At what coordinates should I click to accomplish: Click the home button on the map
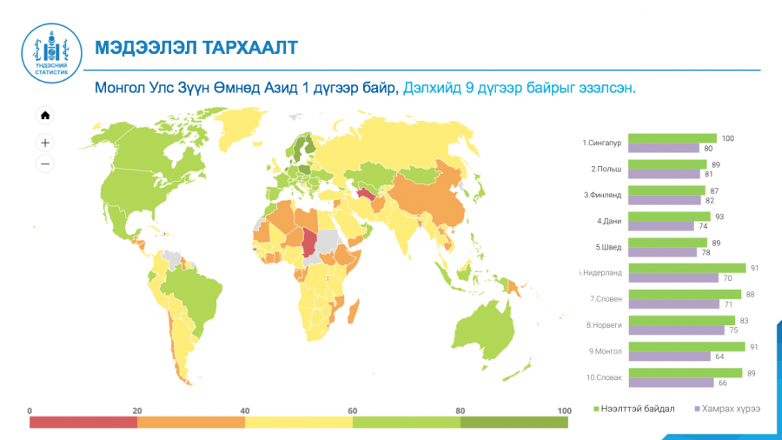pos(45,116)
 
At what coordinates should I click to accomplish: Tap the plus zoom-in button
pos(45,143)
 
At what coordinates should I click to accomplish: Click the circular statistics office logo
pos(51,53)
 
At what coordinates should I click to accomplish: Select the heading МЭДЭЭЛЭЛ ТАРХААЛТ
pos(196,48)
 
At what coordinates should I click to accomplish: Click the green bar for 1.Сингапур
pos(673,138)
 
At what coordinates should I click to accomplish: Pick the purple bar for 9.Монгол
pos(669,357)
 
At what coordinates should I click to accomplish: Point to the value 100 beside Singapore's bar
pos(727,138)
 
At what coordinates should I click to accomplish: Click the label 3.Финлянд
pos(602,195)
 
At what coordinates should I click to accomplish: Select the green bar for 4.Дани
pos(669,217)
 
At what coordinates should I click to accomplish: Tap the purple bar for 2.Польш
pos(665,174)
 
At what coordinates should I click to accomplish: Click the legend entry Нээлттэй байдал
pos(633,409)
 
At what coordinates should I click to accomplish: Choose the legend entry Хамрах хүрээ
pos(727,409)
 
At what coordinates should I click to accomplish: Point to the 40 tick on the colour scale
pos(244,410)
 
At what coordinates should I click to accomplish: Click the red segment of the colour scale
pos(83,423)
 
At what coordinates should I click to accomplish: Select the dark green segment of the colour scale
pos(514,423)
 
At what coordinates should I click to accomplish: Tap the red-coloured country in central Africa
pos(309,242)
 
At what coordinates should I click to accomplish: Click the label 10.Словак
pos(604,377)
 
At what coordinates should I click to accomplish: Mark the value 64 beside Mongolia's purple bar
pos(719,357)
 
